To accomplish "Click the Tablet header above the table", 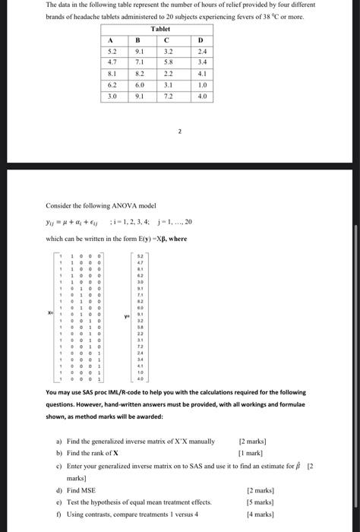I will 160,29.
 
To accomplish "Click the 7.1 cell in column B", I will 138,63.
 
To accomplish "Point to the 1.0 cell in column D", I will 200,86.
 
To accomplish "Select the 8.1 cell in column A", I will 112,74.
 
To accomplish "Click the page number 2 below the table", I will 180,131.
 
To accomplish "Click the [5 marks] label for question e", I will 252,503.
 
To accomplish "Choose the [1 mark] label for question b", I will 252,452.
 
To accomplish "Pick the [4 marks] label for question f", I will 252,515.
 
